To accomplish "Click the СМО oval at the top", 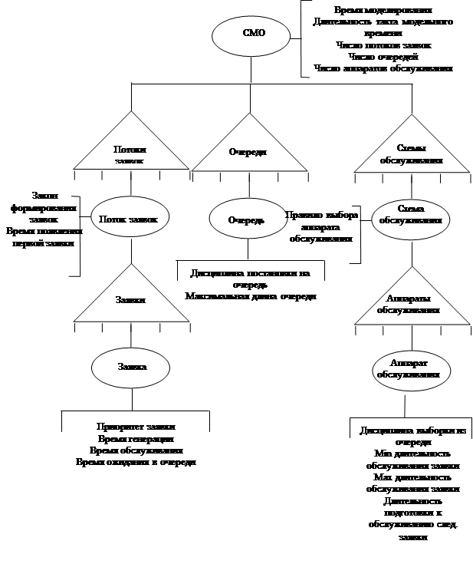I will tap(254, 33).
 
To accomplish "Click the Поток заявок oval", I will tap(129, 219).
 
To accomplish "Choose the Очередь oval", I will tap(247, 219).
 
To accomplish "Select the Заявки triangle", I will tap(131, 300).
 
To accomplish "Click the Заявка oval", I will tap(132, 367).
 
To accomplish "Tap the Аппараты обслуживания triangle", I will tap(408, 305).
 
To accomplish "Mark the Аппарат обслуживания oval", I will tap(408, 368).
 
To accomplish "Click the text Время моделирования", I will tap(383, 10).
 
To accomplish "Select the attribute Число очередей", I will tap(383, 56).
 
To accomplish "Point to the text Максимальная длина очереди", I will tap(250, 296).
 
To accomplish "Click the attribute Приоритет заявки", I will tap(136, 427).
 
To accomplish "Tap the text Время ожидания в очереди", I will tap(136, 463).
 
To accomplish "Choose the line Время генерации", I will tap(136, 439).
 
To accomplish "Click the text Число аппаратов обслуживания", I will tap(383, 68).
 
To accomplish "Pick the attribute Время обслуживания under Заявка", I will tap(136, 450).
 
